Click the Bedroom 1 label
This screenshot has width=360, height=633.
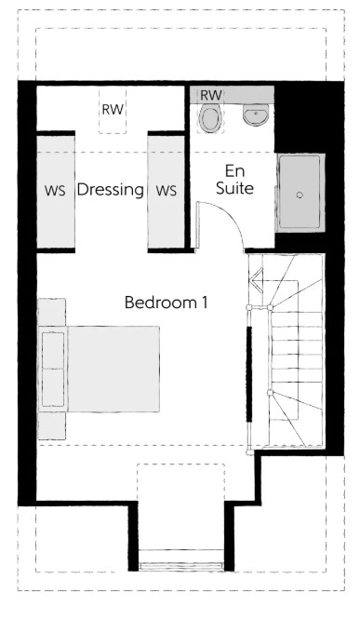pyautogui.click(x=166, y=303)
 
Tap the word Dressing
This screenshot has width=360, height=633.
pyautogui.click(x=110, y=189)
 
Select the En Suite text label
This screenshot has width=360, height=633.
pyautogui.click(x=235, y=180)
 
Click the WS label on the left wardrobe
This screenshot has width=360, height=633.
pyautogui.click(x=55, y=191)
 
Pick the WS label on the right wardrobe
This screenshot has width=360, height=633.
pyautogui.click(x=167, y=191)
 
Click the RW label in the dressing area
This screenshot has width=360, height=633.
pyautogui.click(x=113, y=110)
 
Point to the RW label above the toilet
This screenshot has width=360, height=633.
pyautogui.click(x=211, y=95)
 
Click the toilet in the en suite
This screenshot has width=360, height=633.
pyautogui.click(x=210, y=117)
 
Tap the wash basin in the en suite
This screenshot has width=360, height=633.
pyautogui.click(x=256, y=114)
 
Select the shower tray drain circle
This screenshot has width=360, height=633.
pyautogui.click(x=300, y=195)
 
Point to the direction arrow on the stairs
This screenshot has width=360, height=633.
pyautogui.click(x=256, y=278)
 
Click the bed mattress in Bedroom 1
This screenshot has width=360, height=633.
pyautogui.click(x=113, y=369)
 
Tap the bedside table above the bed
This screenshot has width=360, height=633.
pyautogui.click(x=52, y=312)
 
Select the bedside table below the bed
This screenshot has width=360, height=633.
pyautogui.click(x=52, y=426)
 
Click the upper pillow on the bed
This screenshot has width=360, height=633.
pyautogui.click(x=53, y=350)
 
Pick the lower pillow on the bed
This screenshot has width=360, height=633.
pyautogui.click(x=53, y=387)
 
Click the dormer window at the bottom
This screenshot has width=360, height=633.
pyautogui.click(x=180, y=566)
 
